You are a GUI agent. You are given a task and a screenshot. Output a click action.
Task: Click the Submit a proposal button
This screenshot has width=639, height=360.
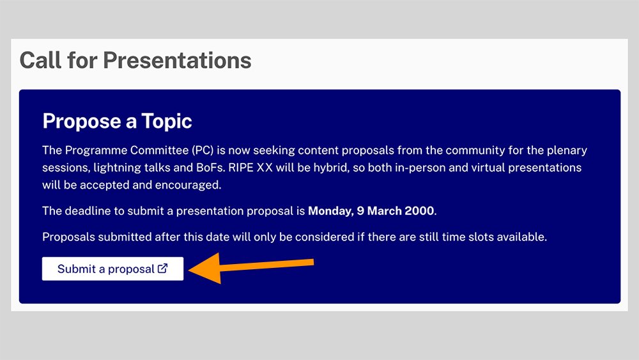tap(112, 269)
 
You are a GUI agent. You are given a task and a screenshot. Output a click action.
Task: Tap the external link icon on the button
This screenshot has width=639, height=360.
tap(162, 269)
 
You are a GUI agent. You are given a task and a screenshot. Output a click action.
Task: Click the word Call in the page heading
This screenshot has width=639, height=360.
tap(40, 60)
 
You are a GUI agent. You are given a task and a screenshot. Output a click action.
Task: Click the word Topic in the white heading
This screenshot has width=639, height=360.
tap(167, 121)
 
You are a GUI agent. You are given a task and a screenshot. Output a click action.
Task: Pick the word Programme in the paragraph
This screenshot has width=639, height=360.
tap(96, 150)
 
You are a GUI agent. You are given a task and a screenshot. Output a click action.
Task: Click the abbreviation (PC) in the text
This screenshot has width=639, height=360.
tap(203, 150)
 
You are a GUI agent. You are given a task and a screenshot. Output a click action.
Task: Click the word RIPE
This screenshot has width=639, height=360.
tap(241, 168)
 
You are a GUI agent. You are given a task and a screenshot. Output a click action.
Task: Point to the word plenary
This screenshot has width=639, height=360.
tap(567, 151)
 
